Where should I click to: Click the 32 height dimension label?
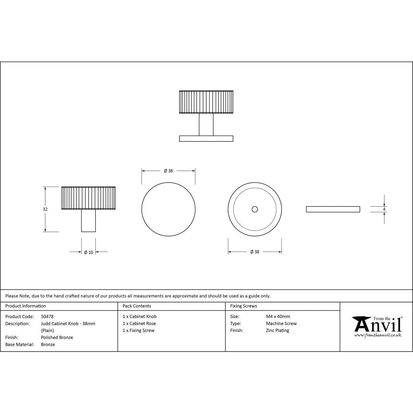[45, 209]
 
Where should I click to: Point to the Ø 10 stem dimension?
[88, 252]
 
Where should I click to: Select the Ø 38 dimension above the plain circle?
[168, 171]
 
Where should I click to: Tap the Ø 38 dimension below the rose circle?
[255, 252]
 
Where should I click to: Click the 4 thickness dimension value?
[384, 209]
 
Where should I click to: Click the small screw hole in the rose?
[255, 209]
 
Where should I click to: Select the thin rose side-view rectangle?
[332, 209]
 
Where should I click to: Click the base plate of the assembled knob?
[206, 138]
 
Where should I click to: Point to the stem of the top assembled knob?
[206, 124]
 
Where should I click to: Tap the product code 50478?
[47, 316]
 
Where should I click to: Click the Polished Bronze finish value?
[57, 337]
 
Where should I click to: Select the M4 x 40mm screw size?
[278, 316]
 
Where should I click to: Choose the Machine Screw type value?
[281, 323]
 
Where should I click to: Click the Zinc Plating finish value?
[278, 330]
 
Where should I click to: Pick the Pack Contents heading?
[137, 306]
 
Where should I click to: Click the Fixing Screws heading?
[243, 306]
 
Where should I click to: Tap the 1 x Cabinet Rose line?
[139, 323]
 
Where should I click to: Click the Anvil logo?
[377, 327]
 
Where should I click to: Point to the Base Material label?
[19, 344]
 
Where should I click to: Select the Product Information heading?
[26, 306]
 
